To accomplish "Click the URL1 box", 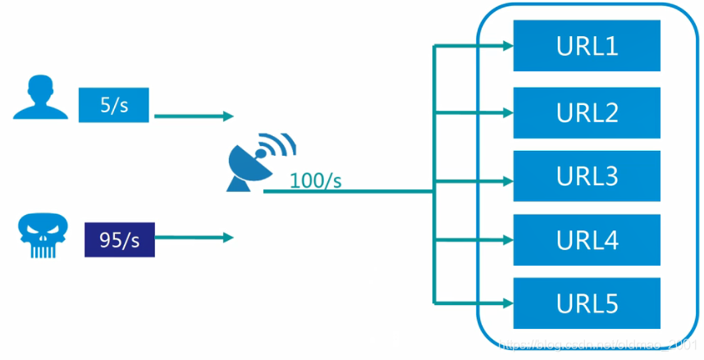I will [587, 46].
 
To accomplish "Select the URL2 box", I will [587, 112].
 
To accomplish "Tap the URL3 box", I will [587, 176].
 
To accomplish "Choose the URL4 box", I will [587, 240].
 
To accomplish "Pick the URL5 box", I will [587, 304].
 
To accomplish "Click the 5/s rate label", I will [112, 105].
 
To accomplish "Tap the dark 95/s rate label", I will [119, 239].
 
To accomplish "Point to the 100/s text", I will [315, 181].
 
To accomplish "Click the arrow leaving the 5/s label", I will [194, 116].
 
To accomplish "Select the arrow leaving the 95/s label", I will [194, 238].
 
